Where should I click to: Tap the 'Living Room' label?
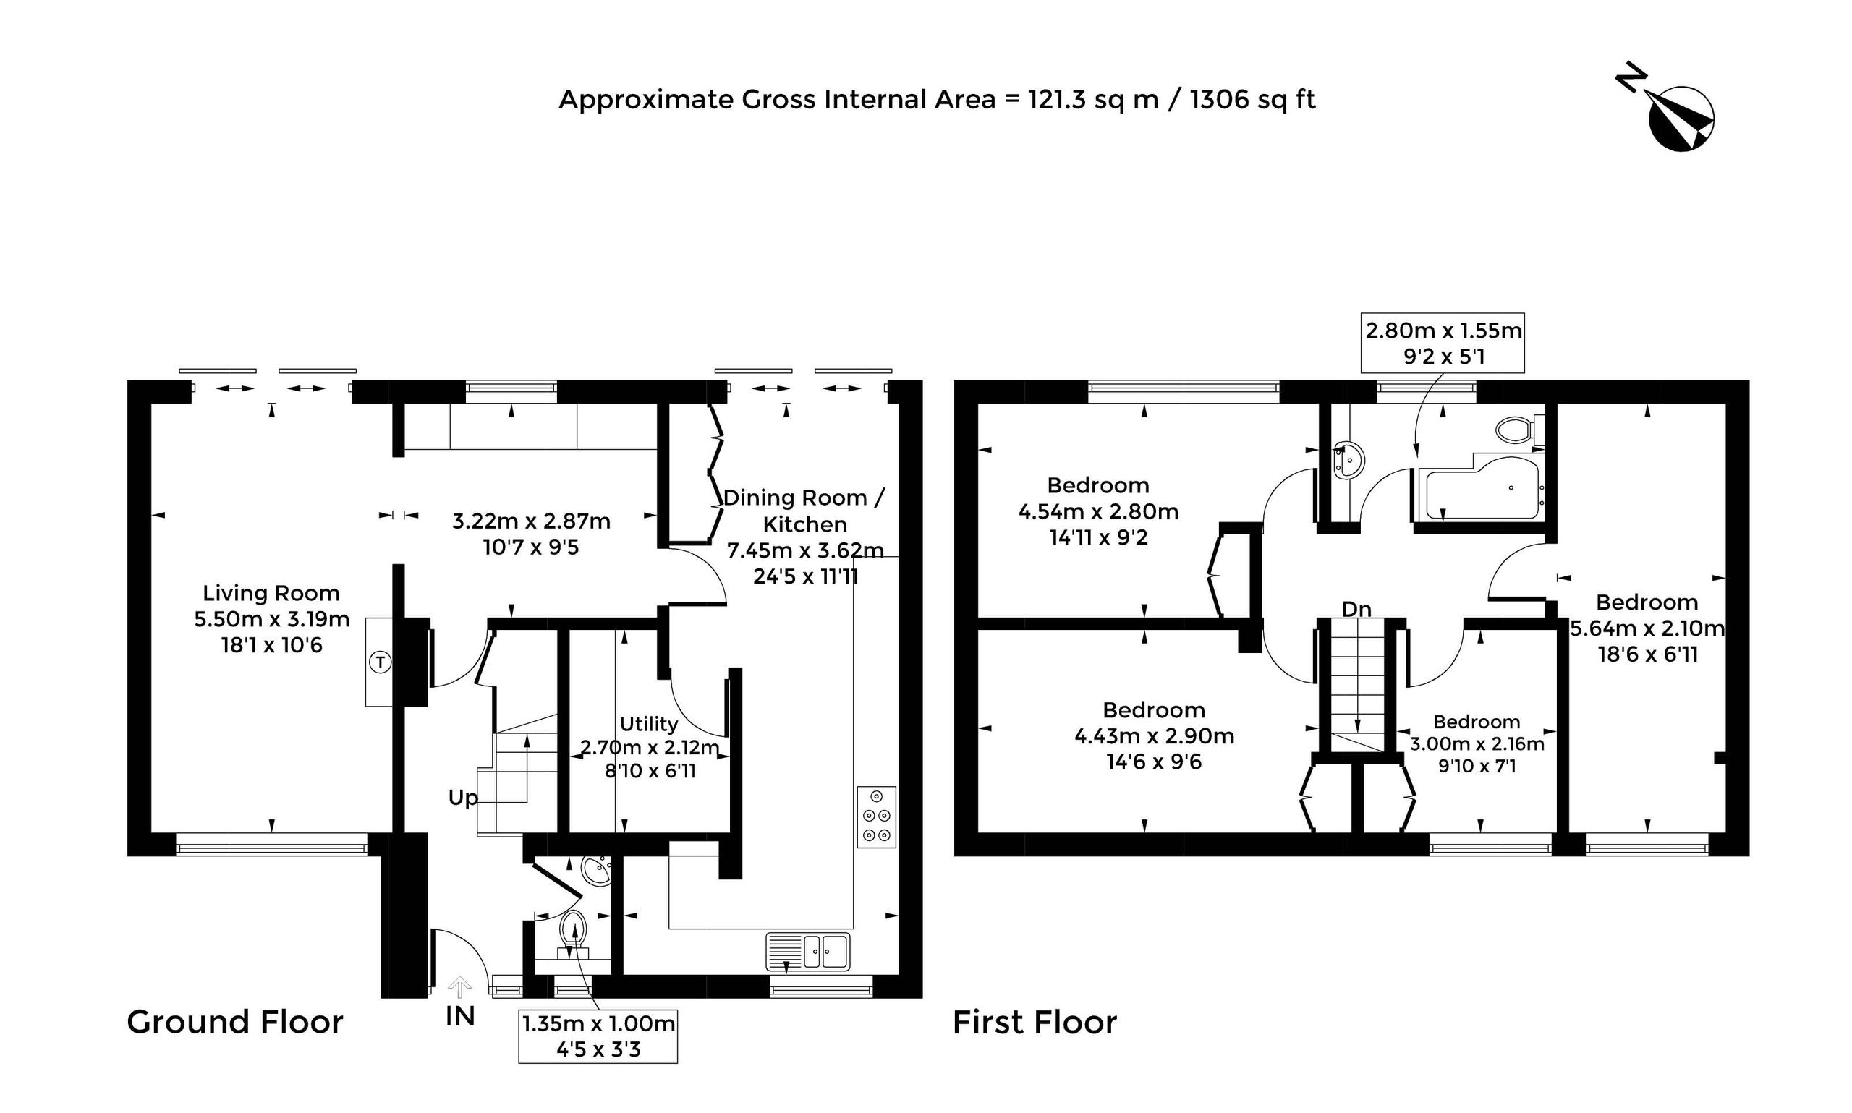pyautogui.click(x=271, y=593)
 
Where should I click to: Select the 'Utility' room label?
pyautogui.click(x=649, y=725)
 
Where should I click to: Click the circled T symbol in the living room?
pyautogui.click(x=381, y=662)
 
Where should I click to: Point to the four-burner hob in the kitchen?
pyautogui.click(x=876, y=816)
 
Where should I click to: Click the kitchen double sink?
pyautogui.click(x=807, y=951)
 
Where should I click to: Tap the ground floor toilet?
pyautogui.click(x=573, y=934)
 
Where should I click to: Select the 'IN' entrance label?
pyautogui.click(x=460, y=1016)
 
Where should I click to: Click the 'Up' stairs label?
pyautogui.click(x=463, y=798)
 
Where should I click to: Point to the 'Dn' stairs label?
pyautogui.click(x=1356, y=610)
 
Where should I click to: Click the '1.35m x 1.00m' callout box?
pyautogui.click(x=598, y=1036)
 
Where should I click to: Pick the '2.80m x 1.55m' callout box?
pyautogui.click(x=1443, y=343)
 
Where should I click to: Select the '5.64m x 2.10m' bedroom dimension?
pyautogui.click(x=1647, y=628)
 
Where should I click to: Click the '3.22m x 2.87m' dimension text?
pyautogui.click(x=531, y=521)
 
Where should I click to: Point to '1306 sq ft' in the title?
pyautogui.click(x=1252, y=99)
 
